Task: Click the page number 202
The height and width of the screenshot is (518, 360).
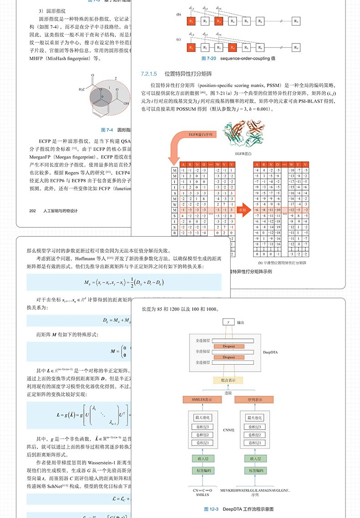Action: pyautogui.click(x=32, y=211)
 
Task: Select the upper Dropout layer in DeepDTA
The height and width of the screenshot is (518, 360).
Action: pyautogui.click(x=229, y=347)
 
